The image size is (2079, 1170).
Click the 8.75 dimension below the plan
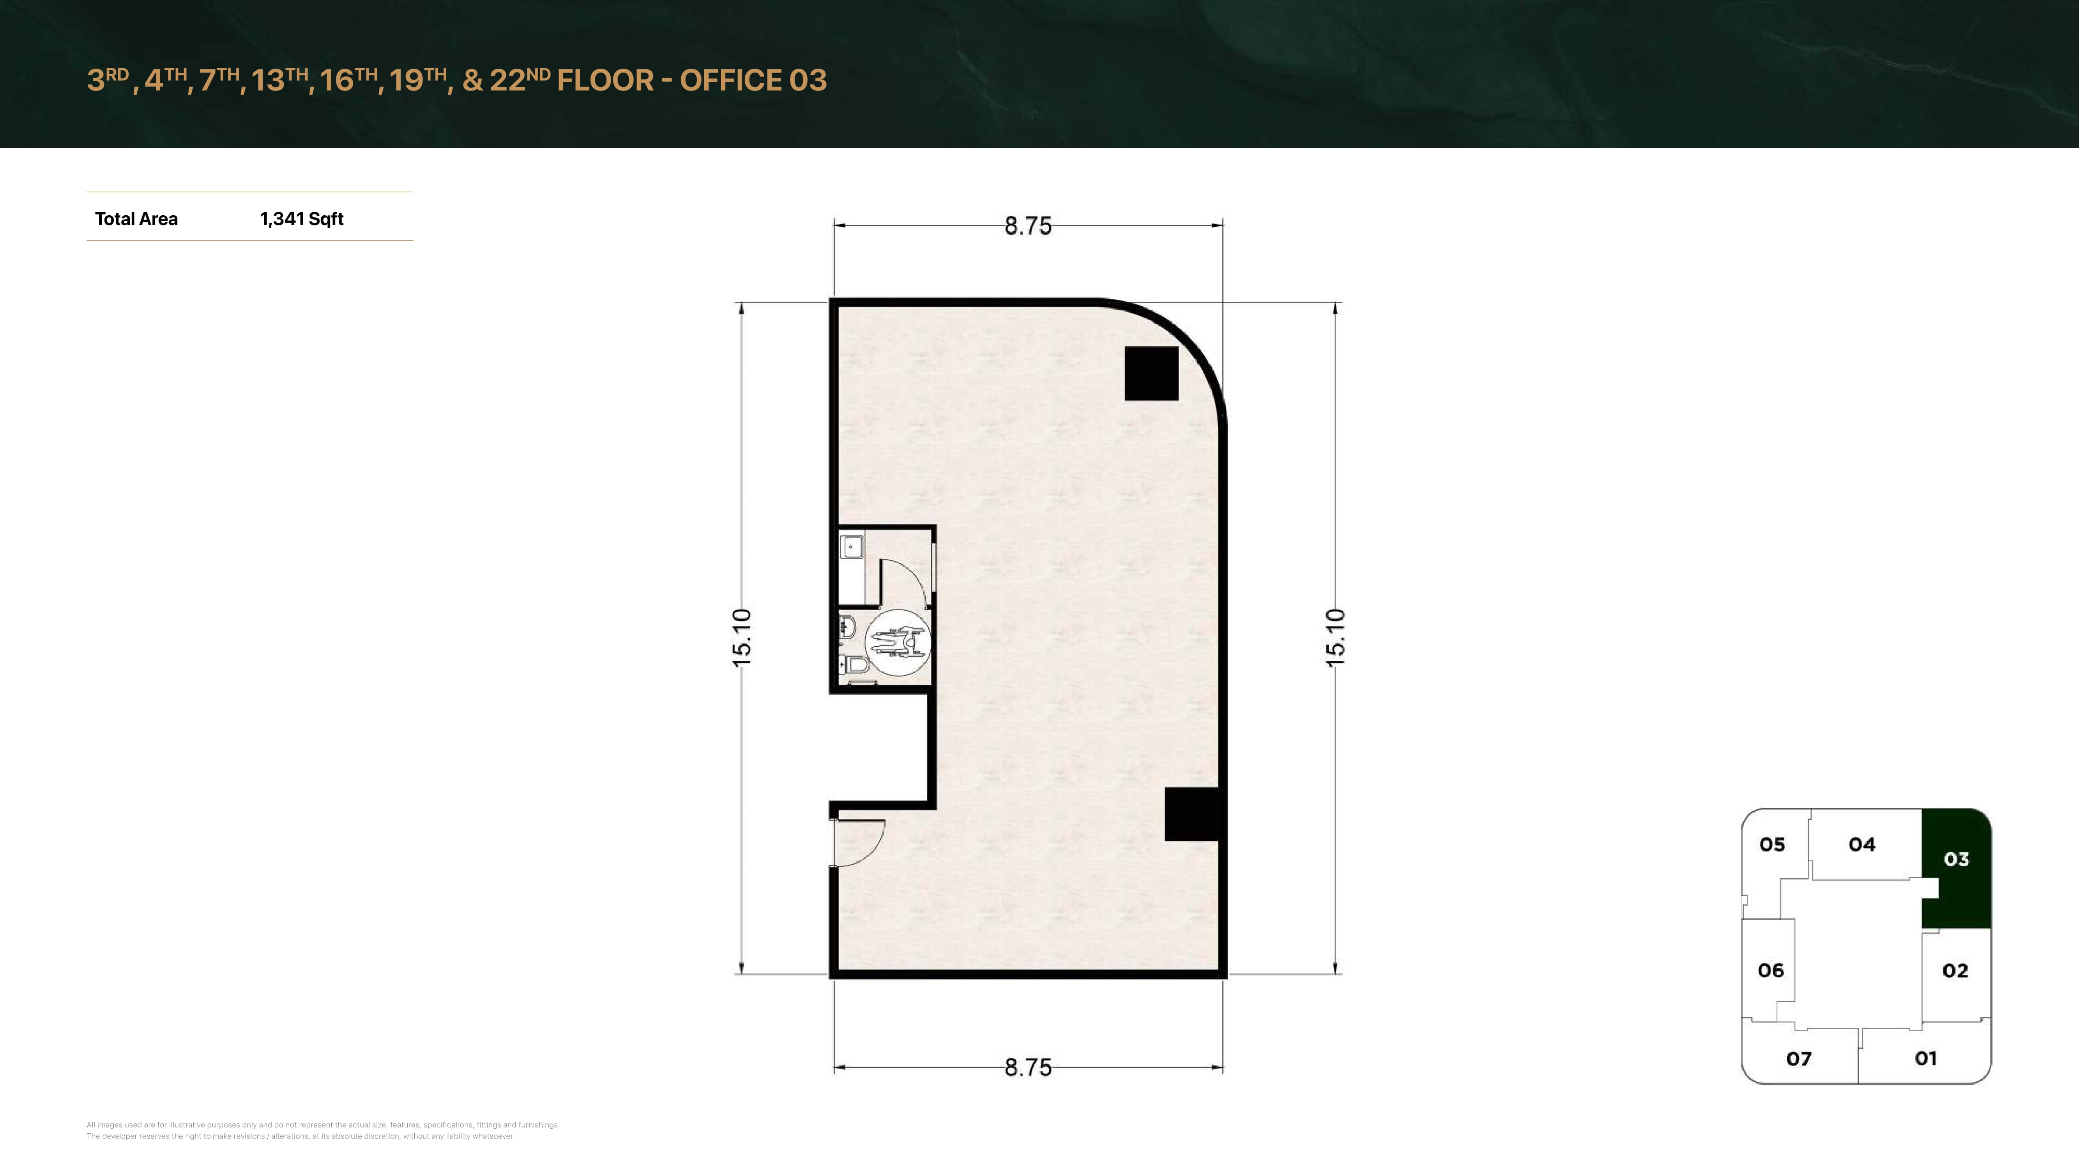(x=1027, y=1067)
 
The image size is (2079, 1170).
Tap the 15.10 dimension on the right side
(x=1336, y=638)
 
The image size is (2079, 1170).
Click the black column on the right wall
(x=1191, y=814)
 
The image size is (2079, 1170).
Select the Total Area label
(x=136, y=219)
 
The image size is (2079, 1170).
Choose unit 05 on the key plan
(x=1772, y=845)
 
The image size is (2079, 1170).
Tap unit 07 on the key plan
(x=1799, y=1058)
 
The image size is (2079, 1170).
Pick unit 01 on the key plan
(x=1926, y=1058)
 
